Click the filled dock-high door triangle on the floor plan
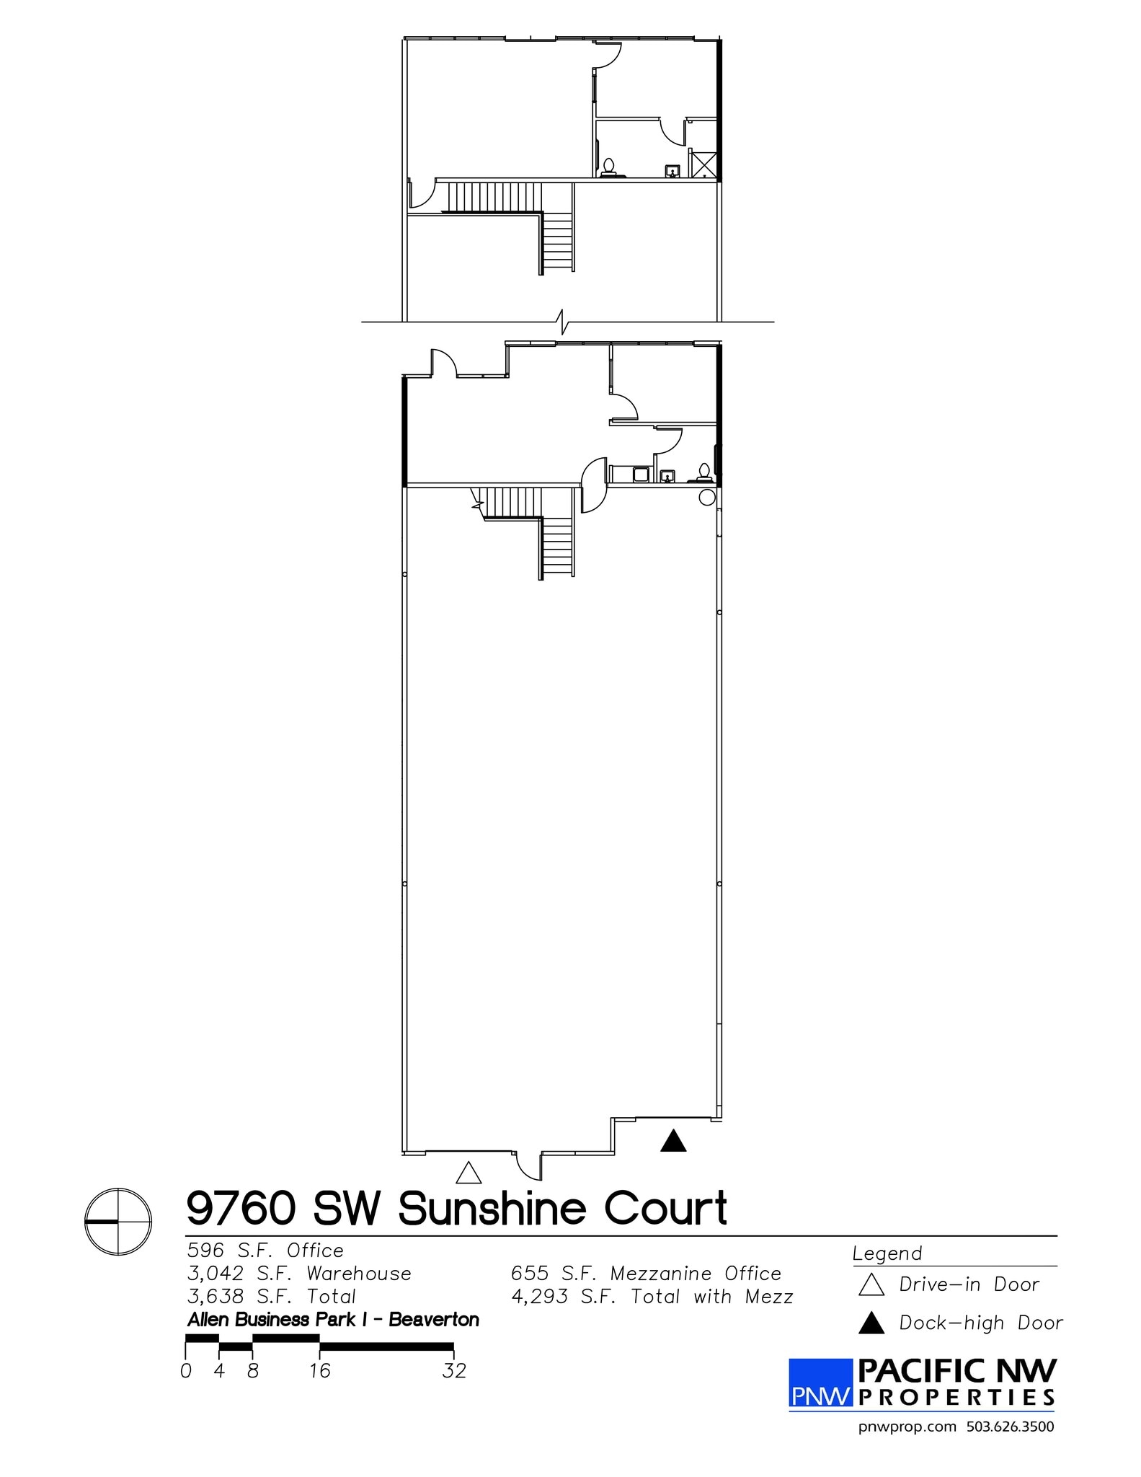click(x=673, y=1142)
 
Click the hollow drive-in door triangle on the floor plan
click(x=469, y=1174)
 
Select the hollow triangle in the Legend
click(x=871, y=1285)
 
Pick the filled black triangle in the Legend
click(x=871, y=1323)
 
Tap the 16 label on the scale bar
click(x=319, y=1370)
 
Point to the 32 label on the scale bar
click(x=454, y=1370)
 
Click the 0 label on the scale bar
click(x=186, y=1370)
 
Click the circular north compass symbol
click(x=118, y=1222)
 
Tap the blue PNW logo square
click(x=820, y=1383)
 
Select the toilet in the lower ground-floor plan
click(x=703, y=472)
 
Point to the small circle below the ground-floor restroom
click(x=707, y=497)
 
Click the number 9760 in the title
click(x=241, y=1209)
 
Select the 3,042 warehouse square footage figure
click(x=216, y=1274)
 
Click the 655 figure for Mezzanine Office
click(x=529, y=1274)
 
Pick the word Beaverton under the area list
click(x=434, y=1320)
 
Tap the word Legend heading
click(x=887, y=1254)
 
